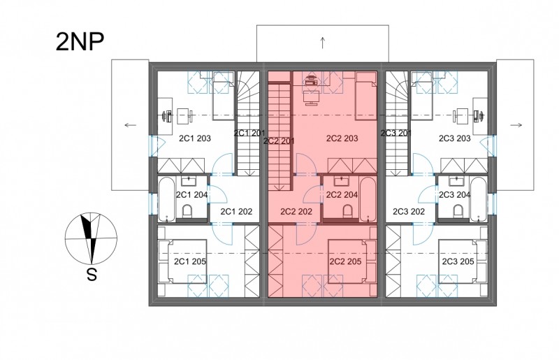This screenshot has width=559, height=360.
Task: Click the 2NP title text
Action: point(80,42)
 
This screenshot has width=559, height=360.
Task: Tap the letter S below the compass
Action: point(92,275)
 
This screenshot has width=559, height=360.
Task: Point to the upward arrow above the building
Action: point(323,43)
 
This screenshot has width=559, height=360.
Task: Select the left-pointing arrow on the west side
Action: point(131,125)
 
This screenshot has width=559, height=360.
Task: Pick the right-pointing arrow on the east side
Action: point(516,125)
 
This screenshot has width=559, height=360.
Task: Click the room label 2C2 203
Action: point(342,138)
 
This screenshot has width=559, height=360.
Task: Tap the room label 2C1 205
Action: point(190,261)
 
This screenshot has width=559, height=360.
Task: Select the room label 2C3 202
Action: point(409,212)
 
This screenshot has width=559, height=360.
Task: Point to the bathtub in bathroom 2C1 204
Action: point(166,199)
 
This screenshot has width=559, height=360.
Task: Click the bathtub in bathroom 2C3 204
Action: point(478,199)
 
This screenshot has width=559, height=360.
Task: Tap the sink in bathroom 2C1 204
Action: point(188,181)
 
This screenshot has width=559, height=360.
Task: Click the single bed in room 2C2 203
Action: point(366,95)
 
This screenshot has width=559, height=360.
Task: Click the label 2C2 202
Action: point(296,212)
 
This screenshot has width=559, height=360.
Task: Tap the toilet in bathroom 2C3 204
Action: point(459,211)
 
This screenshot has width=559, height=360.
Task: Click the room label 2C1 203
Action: point(195,138)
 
